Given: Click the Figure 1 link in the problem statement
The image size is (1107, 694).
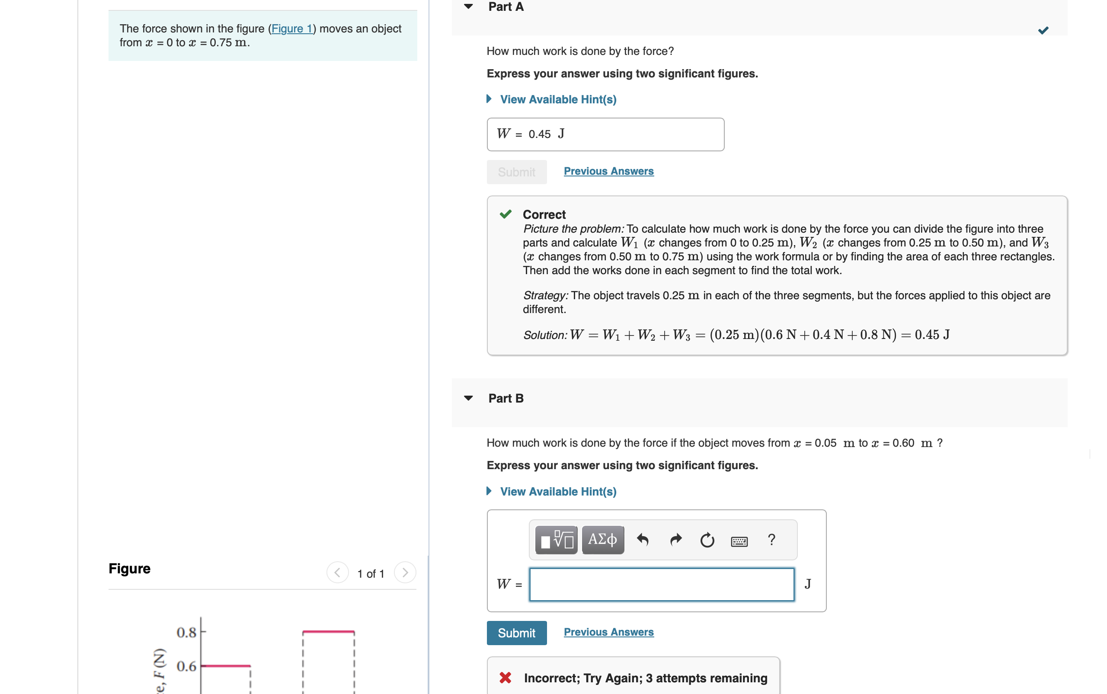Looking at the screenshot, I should [291, 29].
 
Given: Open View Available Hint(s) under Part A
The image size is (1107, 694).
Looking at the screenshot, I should [558, 99].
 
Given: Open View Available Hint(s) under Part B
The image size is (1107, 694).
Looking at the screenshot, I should [558, 491].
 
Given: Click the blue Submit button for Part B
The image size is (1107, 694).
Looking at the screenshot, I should [516, 633].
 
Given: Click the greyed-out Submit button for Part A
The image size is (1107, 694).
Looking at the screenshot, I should [516, 172].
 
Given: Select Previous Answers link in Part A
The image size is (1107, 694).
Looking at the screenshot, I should [608, 171].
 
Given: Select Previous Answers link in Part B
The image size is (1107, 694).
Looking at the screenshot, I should [608, 632].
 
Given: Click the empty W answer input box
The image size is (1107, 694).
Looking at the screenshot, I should [661, 584].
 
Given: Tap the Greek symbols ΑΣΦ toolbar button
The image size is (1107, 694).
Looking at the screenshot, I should [602, 539].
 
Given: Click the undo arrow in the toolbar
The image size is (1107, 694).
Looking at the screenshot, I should [643, 540].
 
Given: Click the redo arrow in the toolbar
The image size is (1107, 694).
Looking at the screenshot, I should [675, 540].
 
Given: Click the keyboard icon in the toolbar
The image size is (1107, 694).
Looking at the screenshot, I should [739, 541].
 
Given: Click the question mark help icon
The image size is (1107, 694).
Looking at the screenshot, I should [771, 539].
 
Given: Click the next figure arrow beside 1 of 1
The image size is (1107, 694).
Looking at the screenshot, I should [405, 572].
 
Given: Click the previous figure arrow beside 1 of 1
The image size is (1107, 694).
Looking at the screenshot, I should [337, 572].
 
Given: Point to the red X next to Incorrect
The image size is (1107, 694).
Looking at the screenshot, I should [506, 678].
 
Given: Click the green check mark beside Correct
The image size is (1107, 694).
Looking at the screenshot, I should [506, 214].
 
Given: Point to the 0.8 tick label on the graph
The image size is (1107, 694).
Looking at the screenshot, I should [186, 633].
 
